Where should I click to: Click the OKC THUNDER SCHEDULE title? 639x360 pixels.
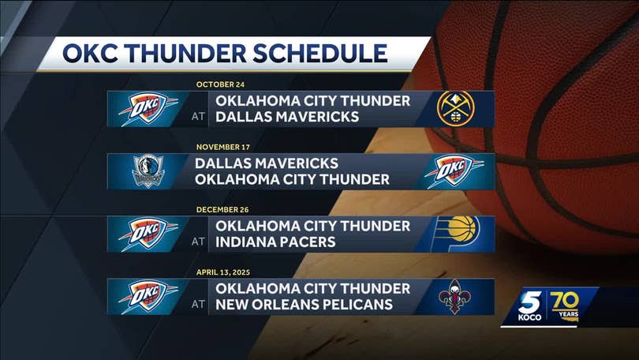pyautogui.click(x=225, y=53)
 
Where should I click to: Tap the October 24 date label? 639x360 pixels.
pyautogui.click(x=220, y=84)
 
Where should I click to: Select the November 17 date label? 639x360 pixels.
pyautogui.click(x=223, y=147)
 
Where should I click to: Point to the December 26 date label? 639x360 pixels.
pyautogui.click(x=222, y=209)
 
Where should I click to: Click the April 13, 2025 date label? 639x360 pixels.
pyautogui.click(x=223, y=272)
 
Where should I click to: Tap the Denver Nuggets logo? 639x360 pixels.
pyautogui.click(x=456, y=108)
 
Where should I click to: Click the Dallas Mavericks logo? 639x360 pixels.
pyautogui.click(x=148, y=171)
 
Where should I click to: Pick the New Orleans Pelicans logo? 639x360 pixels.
pyautogui.click(x=455, y=296)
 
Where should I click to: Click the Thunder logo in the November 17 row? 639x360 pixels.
pyautogui.click(x=454, y=171)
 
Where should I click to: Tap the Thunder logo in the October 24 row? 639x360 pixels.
pyautogui.click(x=148, y=108)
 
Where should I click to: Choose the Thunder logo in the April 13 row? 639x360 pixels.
pyautogui.click(x=148, y=296)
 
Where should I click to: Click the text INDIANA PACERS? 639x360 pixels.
pyautogui.click(x=275, y=242)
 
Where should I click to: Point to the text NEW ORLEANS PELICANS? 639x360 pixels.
pyautogui.click(x=304, y=305)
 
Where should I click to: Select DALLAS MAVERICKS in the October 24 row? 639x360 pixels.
pyautogui.click(x=287, y=117)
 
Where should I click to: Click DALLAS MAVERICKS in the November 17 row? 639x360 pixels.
pyautogui.click(x=267, y=163)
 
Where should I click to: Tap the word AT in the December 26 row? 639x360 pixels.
pyautogui.click(x=198, y=242)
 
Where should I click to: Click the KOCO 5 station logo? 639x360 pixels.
pyautogui.click(x=530, y=306)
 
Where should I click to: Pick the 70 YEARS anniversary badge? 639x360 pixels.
pyautogui.click(x=565, y=306)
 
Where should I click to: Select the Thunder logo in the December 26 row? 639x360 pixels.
pyautogui.click(x=148, y=234)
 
